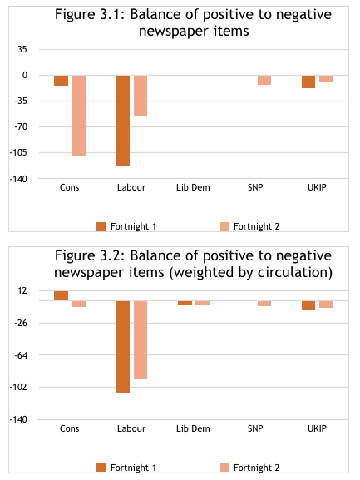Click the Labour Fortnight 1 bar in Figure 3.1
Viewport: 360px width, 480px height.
click(x=123, y=121)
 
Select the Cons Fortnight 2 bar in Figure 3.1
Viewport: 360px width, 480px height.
click(x=79, y=116)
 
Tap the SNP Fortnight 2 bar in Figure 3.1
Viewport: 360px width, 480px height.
click(x=264, y=80)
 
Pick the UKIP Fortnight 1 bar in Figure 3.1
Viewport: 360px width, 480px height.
click(x=308, y=82)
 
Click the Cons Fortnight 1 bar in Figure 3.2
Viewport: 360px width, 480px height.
click(x=62, y=295)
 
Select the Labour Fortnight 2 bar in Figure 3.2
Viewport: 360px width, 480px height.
click(x=141, y=340)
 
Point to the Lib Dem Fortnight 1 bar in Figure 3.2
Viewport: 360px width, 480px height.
click(x=185, y=303)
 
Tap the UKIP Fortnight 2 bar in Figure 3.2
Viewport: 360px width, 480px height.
click(x=327, y=304)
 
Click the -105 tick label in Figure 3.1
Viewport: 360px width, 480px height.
click(x=18, y=152)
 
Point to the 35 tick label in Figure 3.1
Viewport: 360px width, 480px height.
click(x=22, y=49)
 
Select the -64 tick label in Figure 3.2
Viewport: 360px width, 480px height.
click(x=21, y=355)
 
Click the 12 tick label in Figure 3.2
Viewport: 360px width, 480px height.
click(x=22, y=290)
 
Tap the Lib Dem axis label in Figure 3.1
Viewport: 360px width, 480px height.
click(x=193, y=187)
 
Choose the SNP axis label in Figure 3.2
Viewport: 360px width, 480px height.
click(x=255, y=428)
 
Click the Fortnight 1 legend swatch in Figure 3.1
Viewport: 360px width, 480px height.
click(x=101, y=226)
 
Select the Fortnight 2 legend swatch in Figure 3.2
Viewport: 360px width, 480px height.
click(x=224, y=468)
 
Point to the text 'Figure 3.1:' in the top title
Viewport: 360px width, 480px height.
click(x=91, y=14)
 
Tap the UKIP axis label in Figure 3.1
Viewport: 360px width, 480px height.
click(x=317, y=187)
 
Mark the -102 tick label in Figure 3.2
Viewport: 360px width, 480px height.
click(x=18, y=388)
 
